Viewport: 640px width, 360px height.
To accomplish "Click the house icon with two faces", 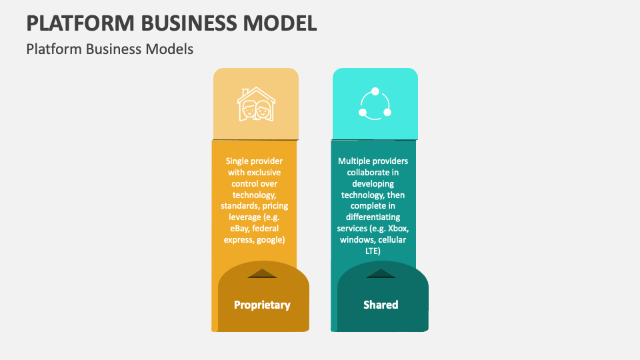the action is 256,103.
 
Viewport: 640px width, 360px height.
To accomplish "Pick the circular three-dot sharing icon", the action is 375,103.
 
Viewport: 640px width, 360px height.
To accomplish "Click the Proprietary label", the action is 262,305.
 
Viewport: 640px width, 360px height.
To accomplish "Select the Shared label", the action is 381,305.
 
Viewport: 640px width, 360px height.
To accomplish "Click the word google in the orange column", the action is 271,239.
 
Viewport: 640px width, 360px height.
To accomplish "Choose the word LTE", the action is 373,251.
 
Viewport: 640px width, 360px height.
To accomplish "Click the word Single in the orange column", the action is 238,161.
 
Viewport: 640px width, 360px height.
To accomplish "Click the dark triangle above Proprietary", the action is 262,273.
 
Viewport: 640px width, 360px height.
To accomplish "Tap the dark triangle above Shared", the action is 381,273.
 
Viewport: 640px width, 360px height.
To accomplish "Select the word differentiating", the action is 373,217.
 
